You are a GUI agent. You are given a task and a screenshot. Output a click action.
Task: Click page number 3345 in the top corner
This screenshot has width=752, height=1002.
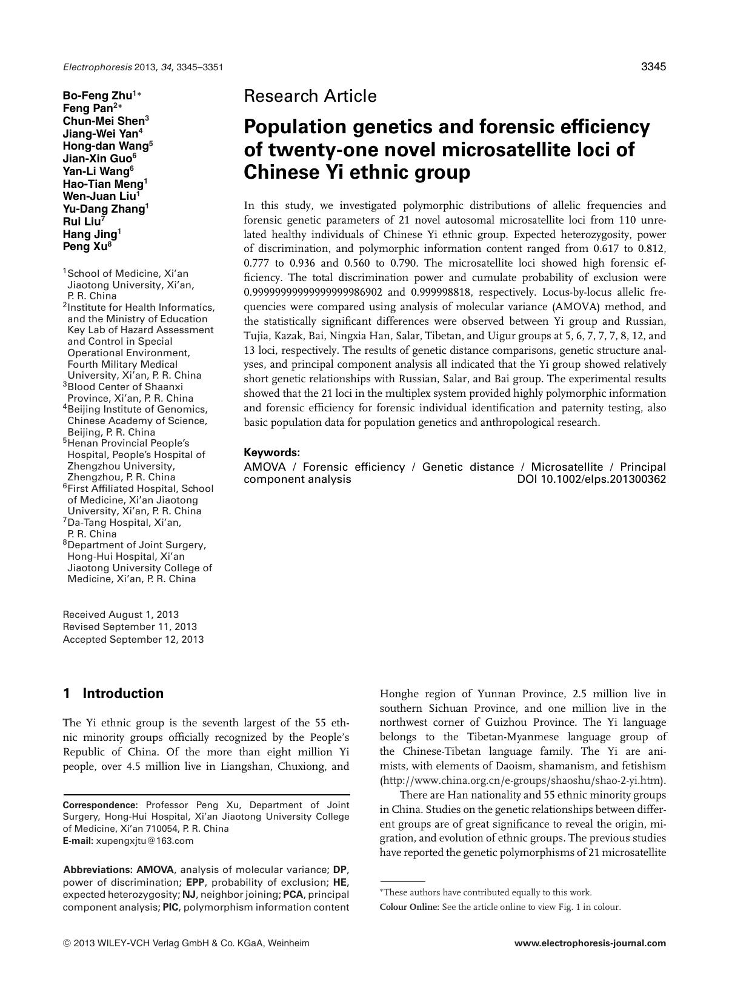653,67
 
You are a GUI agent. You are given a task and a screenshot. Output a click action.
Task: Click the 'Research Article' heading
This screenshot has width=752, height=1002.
310,96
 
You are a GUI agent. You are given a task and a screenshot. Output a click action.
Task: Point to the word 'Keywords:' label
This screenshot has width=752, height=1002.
271,453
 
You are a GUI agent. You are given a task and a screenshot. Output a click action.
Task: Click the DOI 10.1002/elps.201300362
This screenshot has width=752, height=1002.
591,479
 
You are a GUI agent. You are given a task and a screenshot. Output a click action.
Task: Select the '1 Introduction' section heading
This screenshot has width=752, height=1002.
113,693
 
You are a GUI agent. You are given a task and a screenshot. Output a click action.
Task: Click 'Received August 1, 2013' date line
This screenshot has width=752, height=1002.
121,614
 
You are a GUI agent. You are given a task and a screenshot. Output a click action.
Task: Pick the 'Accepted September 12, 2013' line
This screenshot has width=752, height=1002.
133,639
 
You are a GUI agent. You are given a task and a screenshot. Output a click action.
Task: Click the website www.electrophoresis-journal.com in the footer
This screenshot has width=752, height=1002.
590,943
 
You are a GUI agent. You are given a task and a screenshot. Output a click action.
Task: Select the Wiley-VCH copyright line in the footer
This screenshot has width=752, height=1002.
185,943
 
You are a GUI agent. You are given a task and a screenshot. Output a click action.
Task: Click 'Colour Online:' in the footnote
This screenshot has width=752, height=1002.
409,907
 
